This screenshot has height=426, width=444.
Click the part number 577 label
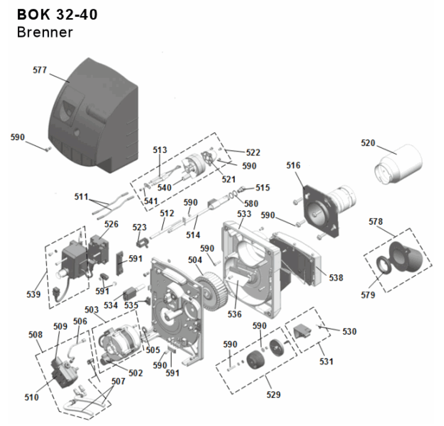point(40,71)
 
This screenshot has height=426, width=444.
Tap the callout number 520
point(368,143)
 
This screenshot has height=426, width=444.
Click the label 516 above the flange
point(293,166)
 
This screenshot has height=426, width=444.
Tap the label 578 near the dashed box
point(376,222)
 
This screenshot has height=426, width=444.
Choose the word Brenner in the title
point(45,32)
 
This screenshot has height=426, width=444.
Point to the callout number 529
point(273,395)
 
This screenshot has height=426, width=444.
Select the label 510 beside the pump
point(31,398)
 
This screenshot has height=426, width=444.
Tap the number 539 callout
point(33,294)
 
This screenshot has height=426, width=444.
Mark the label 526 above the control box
point(111,224)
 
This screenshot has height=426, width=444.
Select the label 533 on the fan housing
point(244,214)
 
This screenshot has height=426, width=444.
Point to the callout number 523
point(140,227)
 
